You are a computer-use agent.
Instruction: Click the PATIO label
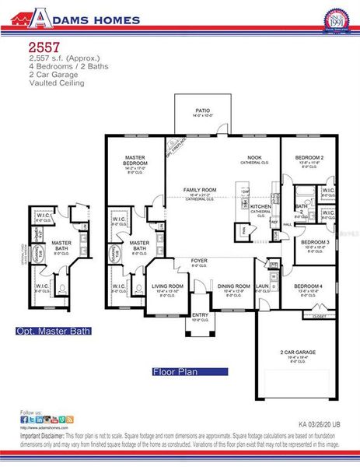(204, 111)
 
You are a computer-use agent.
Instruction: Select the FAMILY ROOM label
(200, 190)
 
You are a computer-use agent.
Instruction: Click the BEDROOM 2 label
(309, 156)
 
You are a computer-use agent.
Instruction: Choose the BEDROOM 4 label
(308, 287)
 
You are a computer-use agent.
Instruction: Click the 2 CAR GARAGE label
(299, 353)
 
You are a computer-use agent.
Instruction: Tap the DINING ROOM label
(234, 286)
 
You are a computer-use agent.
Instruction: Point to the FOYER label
(199, 261)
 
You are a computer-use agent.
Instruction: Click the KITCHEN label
(260, 206)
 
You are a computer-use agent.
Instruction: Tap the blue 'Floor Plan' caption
(175, 372)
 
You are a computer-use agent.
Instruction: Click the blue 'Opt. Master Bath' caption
(54, 332)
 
